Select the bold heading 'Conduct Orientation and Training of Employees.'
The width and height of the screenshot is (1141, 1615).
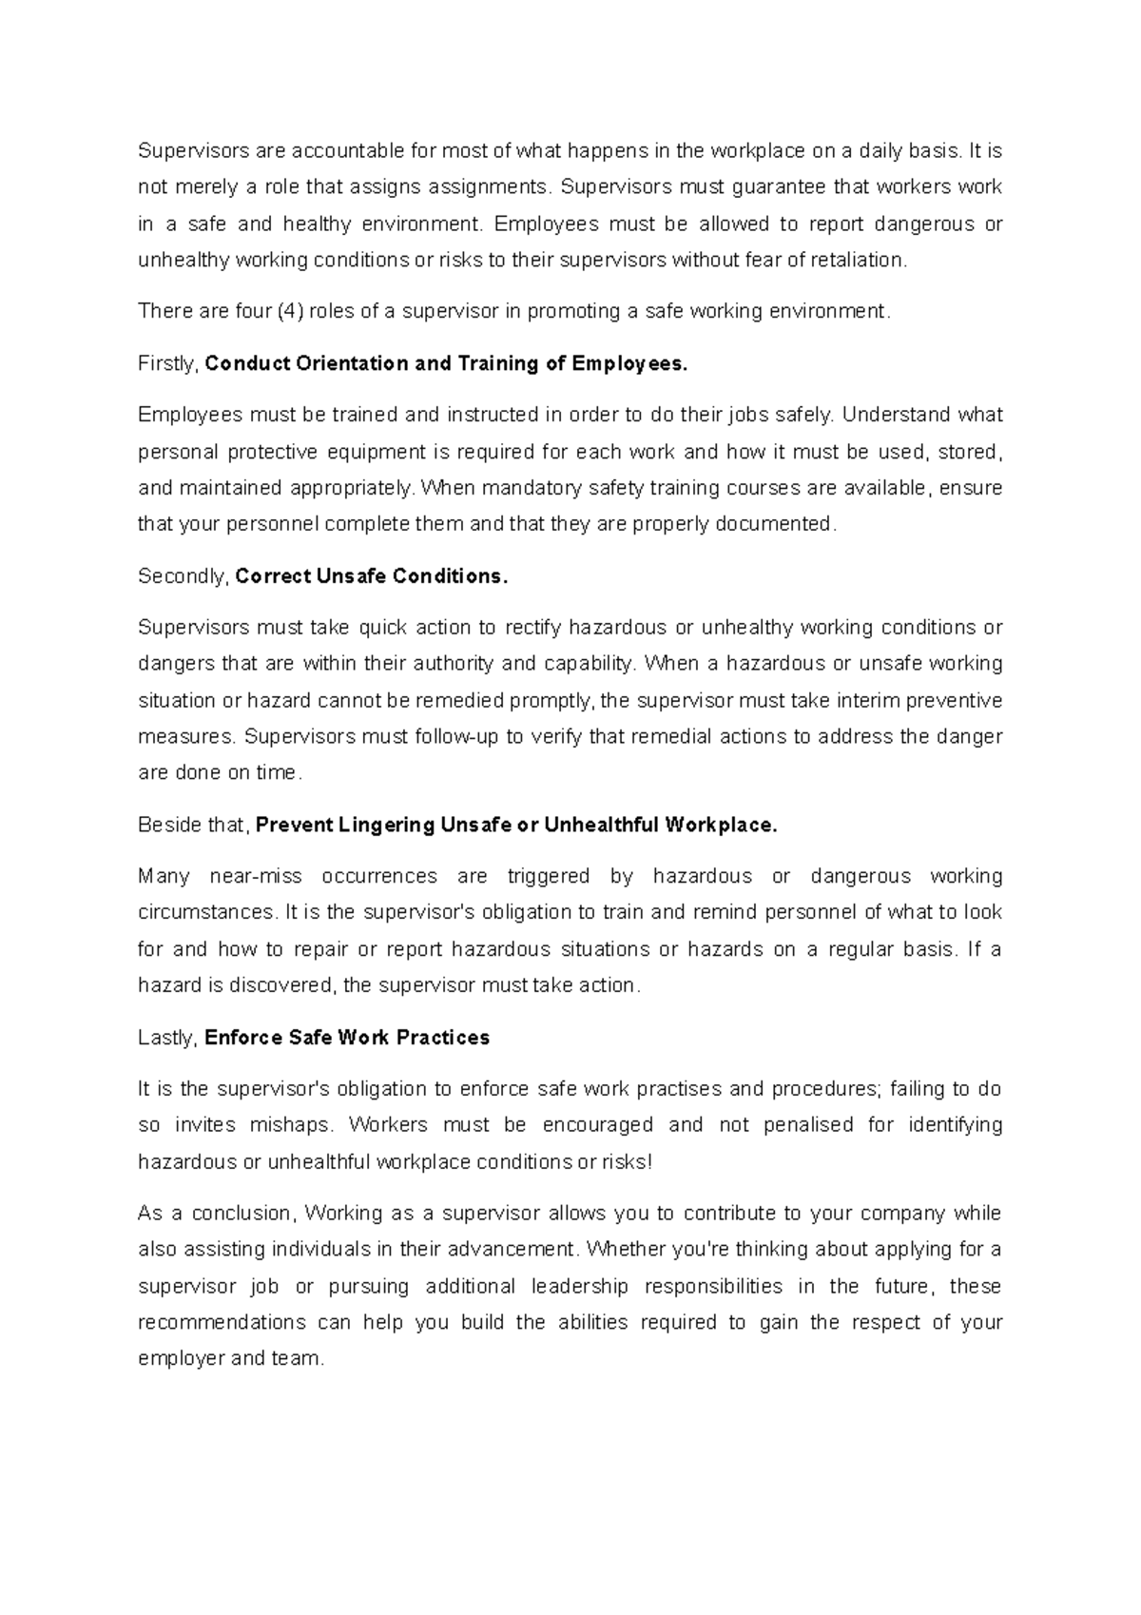(445, 363)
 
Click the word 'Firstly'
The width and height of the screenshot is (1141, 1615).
(167, 363)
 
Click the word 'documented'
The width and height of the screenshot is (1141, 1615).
(775, 524)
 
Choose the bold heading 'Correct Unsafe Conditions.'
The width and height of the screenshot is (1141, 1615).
(372, 576)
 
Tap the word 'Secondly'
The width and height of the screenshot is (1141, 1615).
(182, 576)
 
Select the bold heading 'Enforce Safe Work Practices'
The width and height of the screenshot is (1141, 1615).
(347, 1038)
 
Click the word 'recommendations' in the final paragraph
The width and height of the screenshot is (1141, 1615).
(222, 1323)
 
